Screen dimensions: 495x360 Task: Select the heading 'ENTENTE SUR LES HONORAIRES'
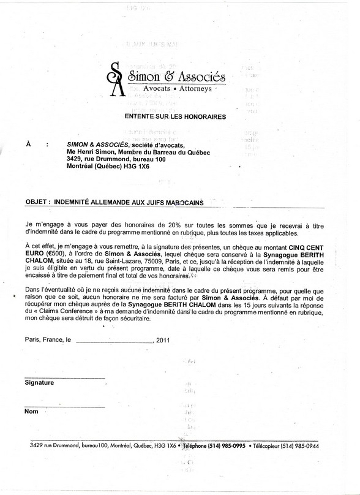tap(175, 116)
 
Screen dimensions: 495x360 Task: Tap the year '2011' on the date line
tap(164, 339)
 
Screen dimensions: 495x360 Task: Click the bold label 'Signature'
tap(39, 382)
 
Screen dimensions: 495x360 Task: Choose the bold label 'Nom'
tap(31, 412)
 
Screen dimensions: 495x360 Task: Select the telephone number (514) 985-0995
tap(220, 445)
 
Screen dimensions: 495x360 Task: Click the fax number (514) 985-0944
tap(312, 445)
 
